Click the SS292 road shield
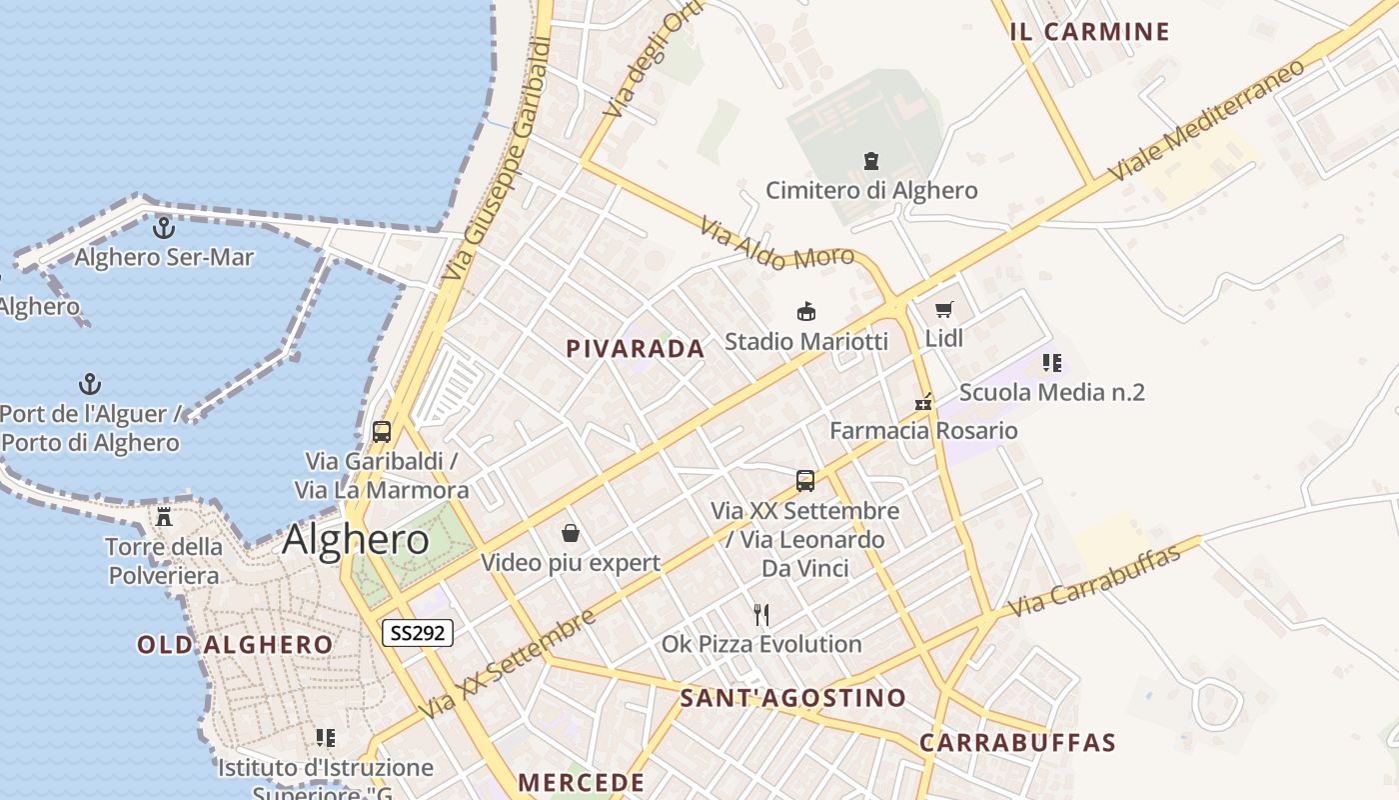tap(418, 632)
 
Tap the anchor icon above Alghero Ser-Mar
tap(163, 228)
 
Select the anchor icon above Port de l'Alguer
tap(90, 384)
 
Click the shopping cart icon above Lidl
tap(944, 310)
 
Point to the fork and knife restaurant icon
tap(761, 614)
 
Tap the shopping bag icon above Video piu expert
tap(571, 533)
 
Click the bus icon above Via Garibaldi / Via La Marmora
tap(382, 432)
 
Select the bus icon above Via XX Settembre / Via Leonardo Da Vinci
tap(805, 481)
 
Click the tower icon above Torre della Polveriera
tap(164, 517)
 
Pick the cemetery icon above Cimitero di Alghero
tap(871, 160)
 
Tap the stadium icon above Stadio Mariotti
tap(805, 312)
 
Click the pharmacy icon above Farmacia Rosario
tap(923, 402)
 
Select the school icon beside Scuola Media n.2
tap(1051, 363)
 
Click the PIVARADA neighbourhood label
tap(636, 349)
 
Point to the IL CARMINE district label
tap(1089, 32)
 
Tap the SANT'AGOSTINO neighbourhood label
tap(792, 698)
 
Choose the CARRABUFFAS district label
tap(1017, 743)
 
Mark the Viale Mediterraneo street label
tap(1207, 120)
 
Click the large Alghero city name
tap(356, 540)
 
